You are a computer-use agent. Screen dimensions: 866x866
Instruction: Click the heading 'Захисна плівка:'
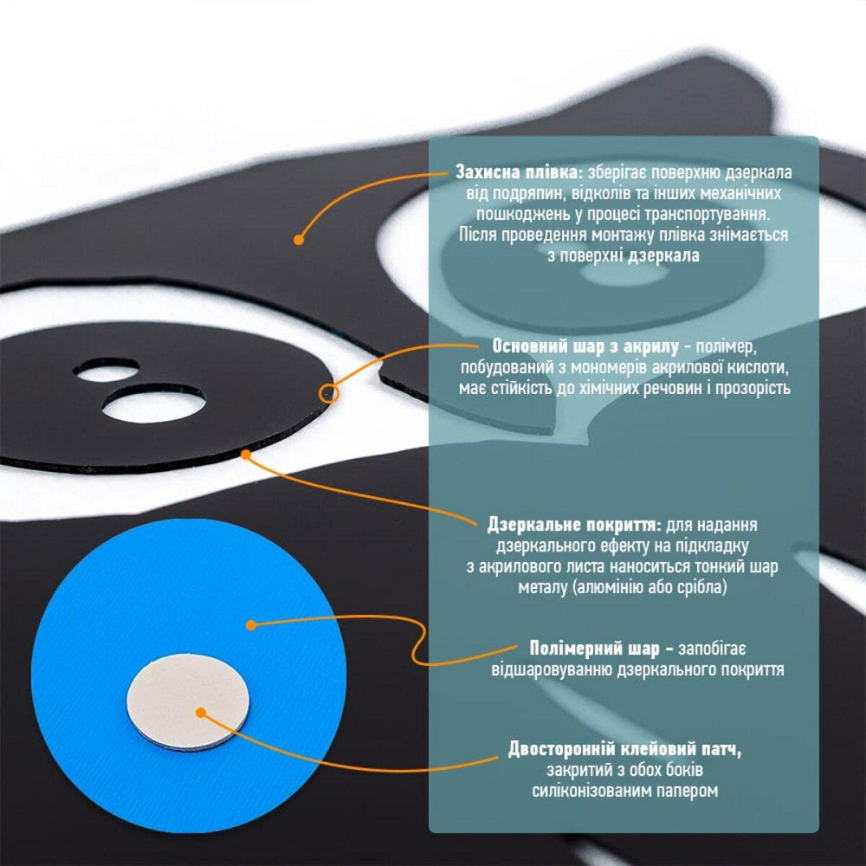[519, 172]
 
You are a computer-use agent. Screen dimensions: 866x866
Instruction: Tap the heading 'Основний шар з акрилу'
[585, 346]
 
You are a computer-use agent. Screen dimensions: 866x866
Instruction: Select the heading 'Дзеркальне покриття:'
[574, 525]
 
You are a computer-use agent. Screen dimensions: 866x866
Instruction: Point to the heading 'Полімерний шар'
[594, 649]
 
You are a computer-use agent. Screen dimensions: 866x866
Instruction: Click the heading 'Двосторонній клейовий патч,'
[624, 749]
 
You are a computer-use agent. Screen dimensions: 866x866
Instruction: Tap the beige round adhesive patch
[188, 701]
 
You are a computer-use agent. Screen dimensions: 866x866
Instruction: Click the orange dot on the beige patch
[201, 713]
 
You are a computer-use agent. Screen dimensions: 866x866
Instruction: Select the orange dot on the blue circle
[251, 625]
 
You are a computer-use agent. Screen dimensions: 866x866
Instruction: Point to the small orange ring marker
[328, 393]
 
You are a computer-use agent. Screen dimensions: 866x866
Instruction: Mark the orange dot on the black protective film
[299, 240]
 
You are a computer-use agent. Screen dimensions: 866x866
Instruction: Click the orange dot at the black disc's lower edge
[246, 454]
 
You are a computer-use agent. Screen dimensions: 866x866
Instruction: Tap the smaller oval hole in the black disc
[107, 370]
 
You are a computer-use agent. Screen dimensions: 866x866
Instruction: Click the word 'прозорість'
[753, 388]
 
